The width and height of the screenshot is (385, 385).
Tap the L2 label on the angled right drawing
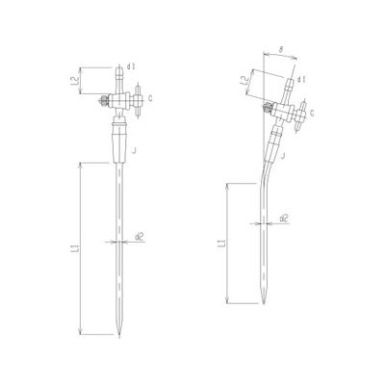[246, 85]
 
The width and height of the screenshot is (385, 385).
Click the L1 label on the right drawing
[222, 245]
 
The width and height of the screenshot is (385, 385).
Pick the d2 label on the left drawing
[141, 235]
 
